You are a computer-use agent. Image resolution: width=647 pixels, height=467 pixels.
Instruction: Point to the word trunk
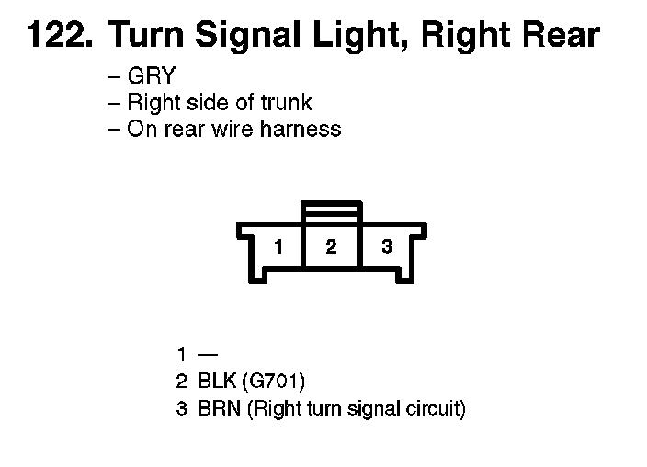point(282,103)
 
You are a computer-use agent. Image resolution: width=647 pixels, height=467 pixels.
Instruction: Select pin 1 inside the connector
point(278,246)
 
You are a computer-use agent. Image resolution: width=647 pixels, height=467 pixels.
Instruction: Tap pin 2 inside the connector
point(332,246)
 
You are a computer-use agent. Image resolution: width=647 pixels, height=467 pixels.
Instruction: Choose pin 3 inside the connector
point(387,246)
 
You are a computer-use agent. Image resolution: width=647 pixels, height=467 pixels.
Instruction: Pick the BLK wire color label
point(218,381)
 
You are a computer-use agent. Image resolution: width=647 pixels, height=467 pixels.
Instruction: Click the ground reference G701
point(278,381)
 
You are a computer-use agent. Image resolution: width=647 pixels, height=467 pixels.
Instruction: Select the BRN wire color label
point(219,407)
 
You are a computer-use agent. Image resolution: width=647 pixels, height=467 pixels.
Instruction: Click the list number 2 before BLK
point(182,381)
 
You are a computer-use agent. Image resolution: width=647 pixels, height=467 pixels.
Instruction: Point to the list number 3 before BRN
point(182,407)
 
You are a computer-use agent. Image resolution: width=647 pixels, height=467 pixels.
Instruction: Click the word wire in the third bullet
point(233,129)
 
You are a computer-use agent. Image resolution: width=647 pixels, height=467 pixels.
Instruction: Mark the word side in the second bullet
point(202,103)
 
